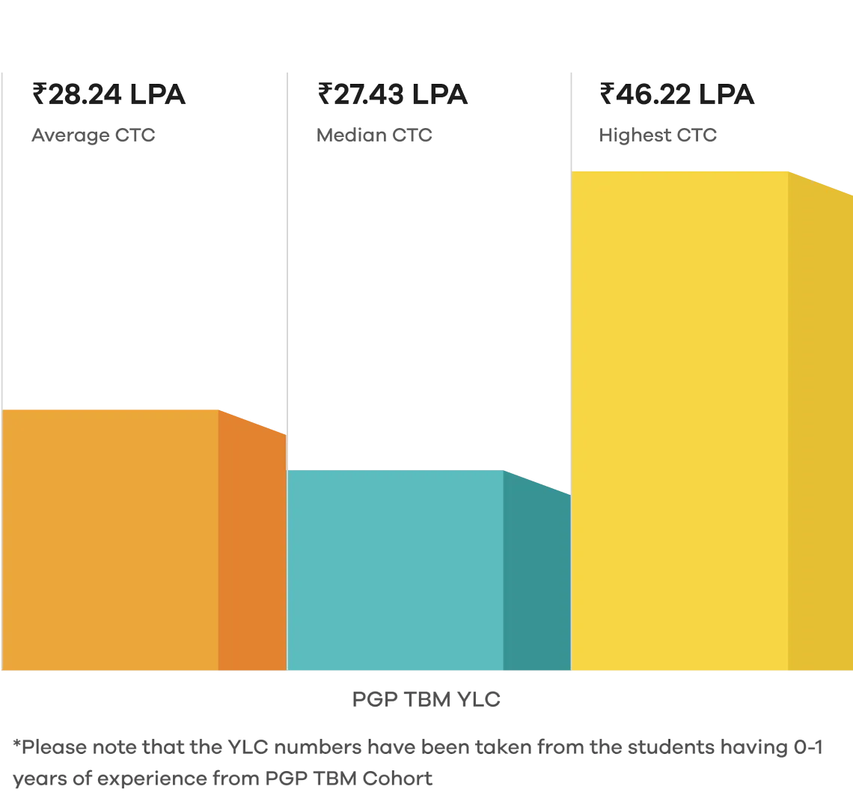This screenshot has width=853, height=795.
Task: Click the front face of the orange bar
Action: (x=111, y=539)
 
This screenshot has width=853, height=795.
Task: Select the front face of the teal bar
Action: (x=395, y=569)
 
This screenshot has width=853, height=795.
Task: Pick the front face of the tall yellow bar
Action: (x=679, y=419)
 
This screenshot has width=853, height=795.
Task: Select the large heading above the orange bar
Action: (x=108, y=95)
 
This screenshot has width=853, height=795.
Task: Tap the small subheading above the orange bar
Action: (x=93, y=135)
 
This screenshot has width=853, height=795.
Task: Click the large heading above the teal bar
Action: (x=394, y=95)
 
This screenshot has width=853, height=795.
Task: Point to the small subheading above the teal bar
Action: (x=376, y=135)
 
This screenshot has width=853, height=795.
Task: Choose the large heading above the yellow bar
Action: (x=679, y=95)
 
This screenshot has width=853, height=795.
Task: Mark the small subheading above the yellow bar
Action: (x=658, y=135)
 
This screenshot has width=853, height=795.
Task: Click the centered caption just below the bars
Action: (x=427, y=700)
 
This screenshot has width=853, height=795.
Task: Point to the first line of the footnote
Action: (x=419, y=746)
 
